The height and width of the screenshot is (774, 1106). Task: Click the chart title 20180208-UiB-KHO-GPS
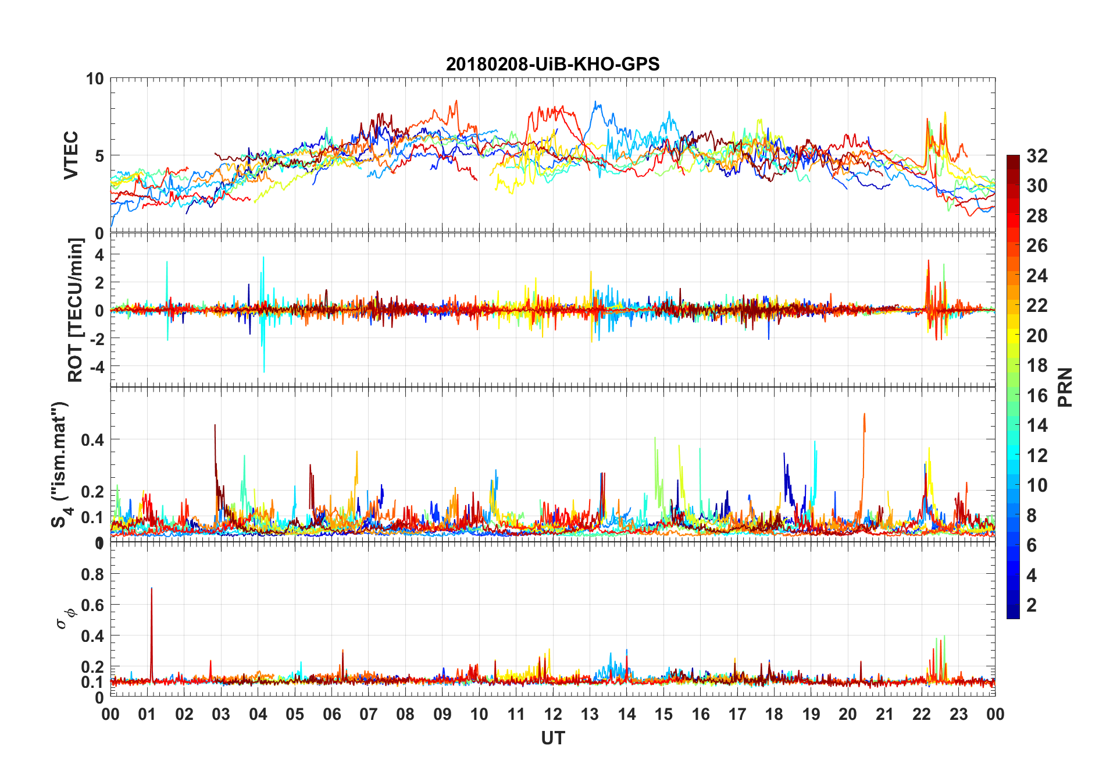click(x=552, y=64)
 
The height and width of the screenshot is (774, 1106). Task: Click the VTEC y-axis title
click(x=71, y=155)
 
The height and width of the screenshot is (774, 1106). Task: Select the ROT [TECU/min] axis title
click(x=76, y=310)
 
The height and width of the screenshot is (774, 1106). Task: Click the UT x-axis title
click(x=552, y=739)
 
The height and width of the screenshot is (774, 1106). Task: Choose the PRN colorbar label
click(x=1065, y=387)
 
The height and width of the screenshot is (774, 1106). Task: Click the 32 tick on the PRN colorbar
click(x=1037, y=156)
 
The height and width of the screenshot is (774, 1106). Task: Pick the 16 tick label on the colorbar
click(x=1037, y=396)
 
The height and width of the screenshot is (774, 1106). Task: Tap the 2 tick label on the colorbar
click(x=1032, y=605)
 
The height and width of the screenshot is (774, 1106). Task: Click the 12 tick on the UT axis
click(x=553, y=714)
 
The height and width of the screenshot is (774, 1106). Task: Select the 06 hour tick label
click(x=331, y=714)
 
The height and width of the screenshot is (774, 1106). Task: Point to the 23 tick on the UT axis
click(x=958, y=714)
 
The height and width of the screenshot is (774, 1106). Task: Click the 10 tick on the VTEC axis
click(x=95, y=79)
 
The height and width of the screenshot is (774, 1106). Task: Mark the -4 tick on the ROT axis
click(x=95, y=367)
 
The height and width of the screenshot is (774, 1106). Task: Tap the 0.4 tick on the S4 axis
click(x=92, y=440)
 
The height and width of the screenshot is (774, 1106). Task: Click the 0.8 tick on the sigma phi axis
click(x=92, y=574)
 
